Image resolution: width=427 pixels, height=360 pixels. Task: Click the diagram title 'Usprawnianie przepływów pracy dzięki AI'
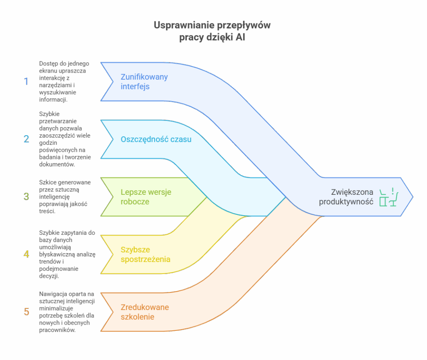[212, 31]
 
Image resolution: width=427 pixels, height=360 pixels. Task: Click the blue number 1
[26, 81]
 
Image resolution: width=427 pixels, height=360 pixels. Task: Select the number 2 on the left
[26, 139]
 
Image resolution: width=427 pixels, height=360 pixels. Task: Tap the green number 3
[26, 196]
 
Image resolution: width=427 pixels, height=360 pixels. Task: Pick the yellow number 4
[26, 254]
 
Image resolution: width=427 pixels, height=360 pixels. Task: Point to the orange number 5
[26, 312]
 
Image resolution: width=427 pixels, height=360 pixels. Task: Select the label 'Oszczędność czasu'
[156, 139]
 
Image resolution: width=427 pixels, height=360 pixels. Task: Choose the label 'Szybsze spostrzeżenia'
[145, 254]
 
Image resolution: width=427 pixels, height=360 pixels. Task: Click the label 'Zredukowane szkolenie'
[145, 312]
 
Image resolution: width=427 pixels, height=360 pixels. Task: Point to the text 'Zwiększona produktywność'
[346, 197]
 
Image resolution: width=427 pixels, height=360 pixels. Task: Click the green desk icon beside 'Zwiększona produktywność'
[389, 197]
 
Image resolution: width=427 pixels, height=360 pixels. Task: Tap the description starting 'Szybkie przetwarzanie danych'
[65, 139]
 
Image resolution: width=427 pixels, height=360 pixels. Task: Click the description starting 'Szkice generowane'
[65, 196]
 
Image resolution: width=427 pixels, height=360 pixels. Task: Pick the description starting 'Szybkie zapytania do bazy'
[67, 254]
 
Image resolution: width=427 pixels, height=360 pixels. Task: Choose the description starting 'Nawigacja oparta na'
[67, 312]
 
